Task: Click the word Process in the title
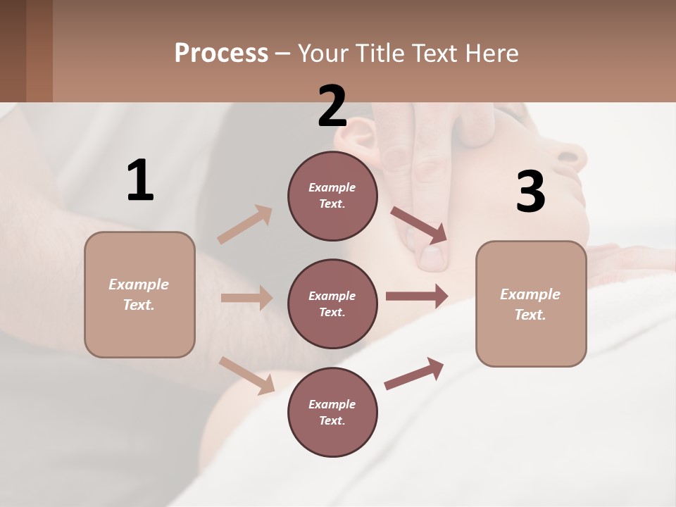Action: pyautogui.click(x=221, y=54)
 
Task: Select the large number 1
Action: pyautogui.click(x=140, y=180)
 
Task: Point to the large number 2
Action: pyautogui.click(x=332, y=106)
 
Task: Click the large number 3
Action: pyautogui.click(x=530, y=192)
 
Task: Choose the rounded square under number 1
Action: pyautogui.click(x=139, y=294)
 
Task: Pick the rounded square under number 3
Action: pyautogui.click(x=531, y=303)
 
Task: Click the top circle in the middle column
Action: pyautogui.click(x=332, y=196)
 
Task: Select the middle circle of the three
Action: pyautogui.click(x=332, y=303)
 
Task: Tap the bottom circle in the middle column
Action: pyautogui.click(x=332, y=412)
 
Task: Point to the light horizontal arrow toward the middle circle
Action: pyautogui.click(x=246, y=298)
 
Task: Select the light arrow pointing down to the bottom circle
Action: pyautogui.click(x=247, y=375)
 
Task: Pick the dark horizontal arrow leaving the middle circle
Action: pyautogui.click(x=417, y=296)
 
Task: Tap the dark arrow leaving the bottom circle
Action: pyautogui.click(x=415, y=373)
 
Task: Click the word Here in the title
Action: pyautogui.click(x=492, y=54)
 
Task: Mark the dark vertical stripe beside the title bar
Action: pyautogui.click(x=39, y=51)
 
